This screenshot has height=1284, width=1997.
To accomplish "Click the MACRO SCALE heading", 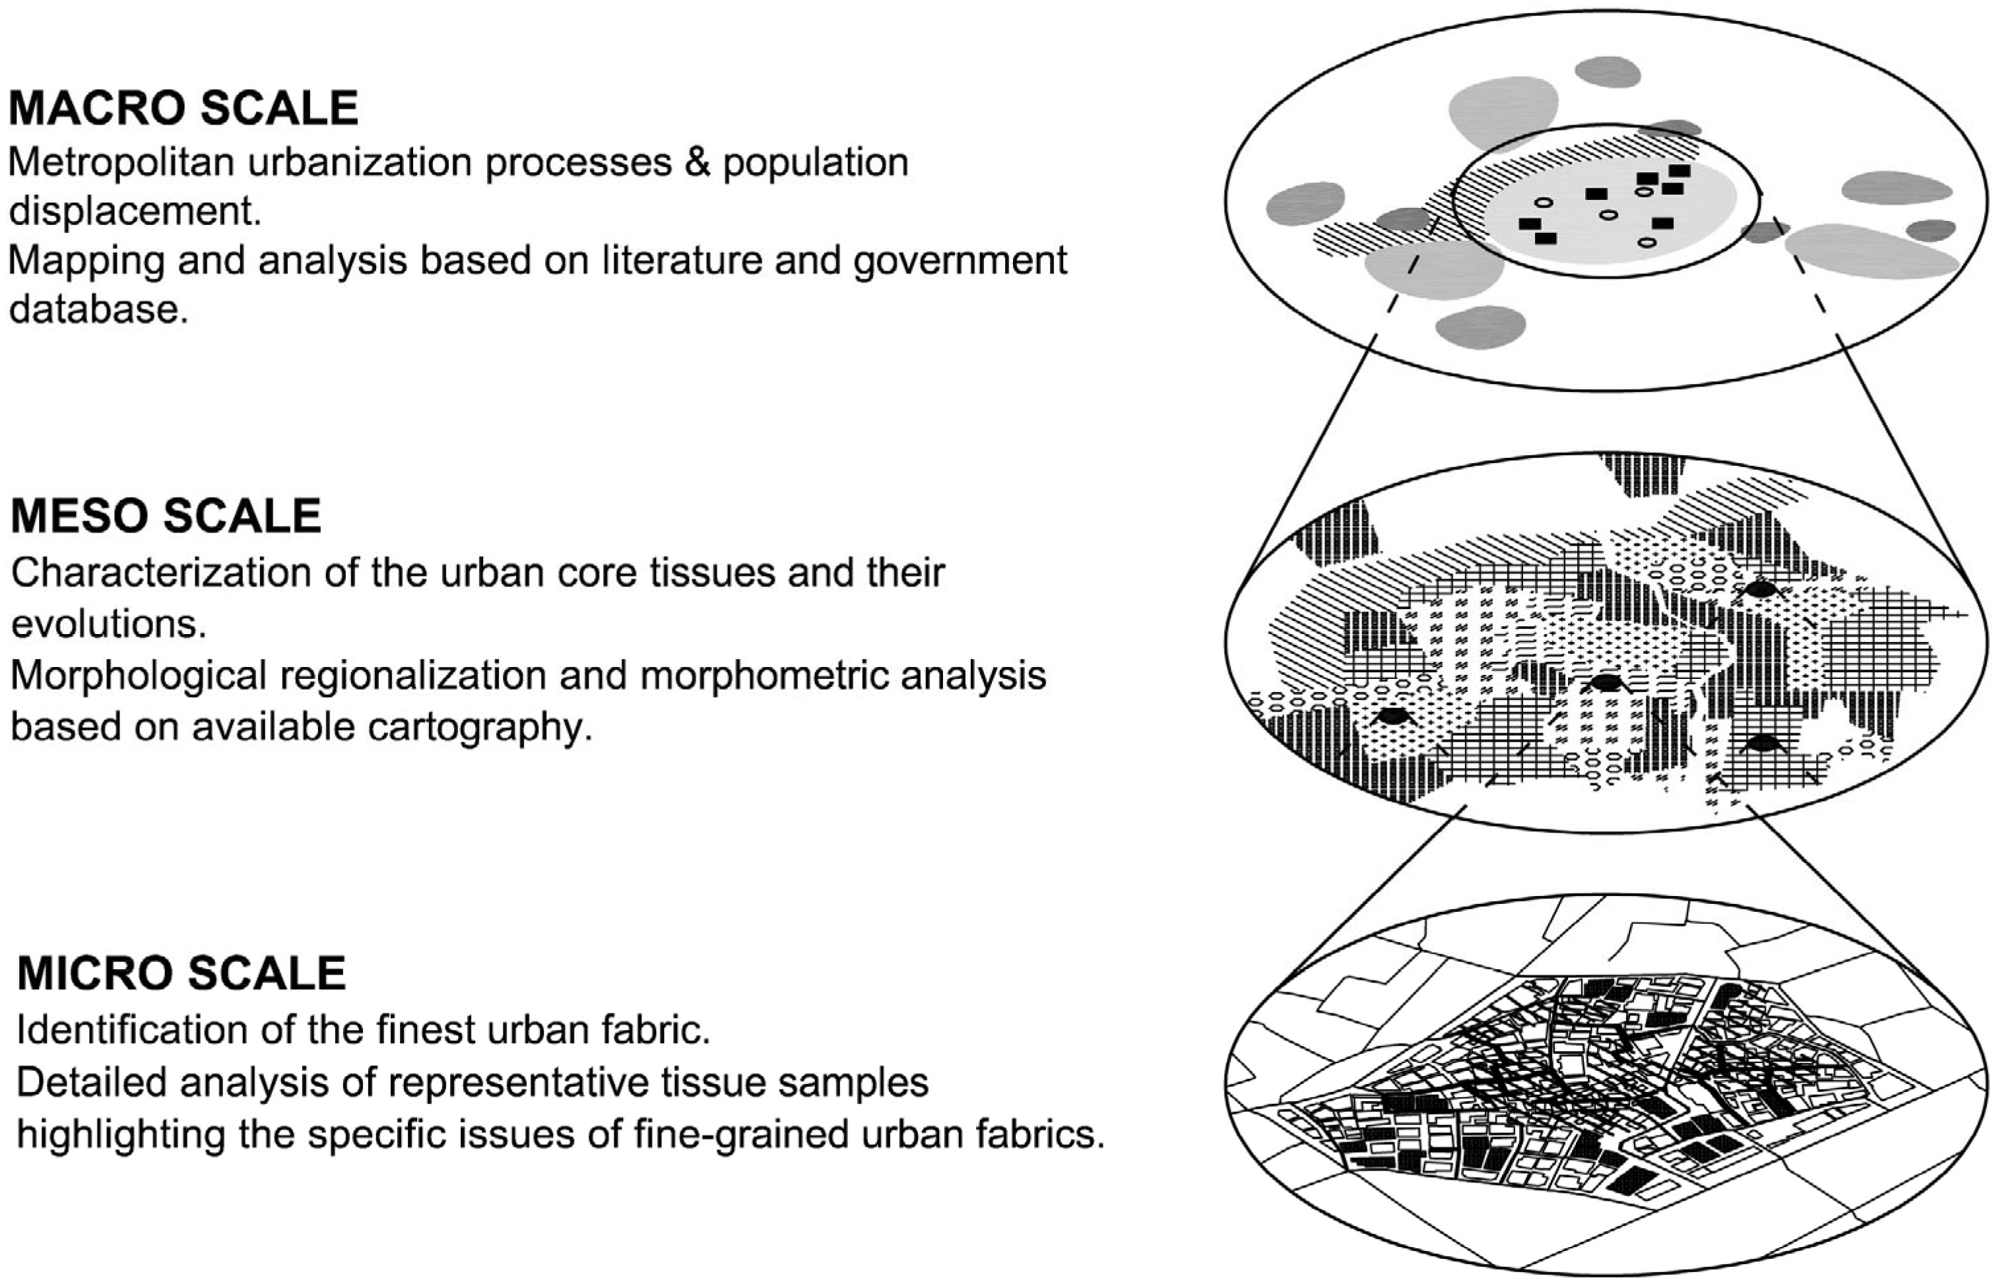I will tap(183, 108).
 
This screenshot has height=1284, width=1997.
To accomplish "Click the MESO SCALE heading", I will tap(166, 516).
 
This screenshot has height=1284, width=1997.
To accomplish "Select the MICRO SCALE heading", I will tap(181, 973).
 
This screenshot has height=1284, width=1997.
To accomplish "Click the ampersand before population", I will tap(696, 162).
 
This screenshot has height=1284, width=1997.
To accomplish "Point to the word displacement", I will tap(134, 211).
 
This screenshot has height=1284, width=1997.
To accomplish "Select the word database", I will tap(98, 309).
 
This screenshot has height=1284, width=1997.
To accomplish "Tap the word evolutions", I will tap(108, 624).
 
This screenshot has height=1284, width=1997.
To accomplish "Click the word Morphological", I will tap(137, 676).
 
